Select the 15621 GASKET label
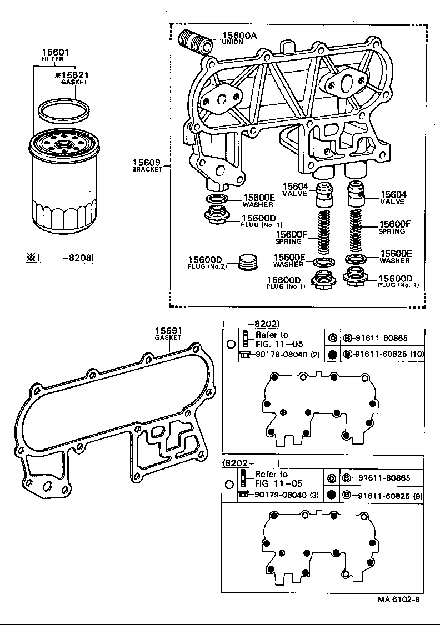74,76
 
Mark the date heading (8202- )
251,462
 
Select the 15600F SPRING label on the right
395,226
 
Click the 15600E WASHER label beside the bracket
258,200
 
